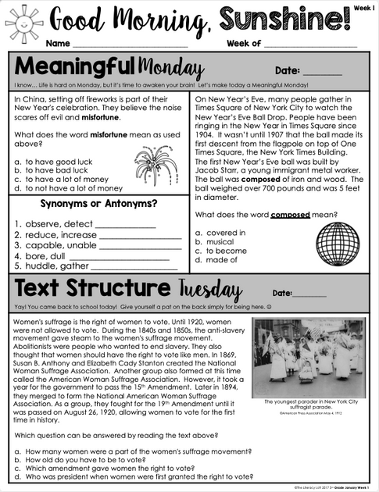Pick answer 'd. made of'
pos(215,261)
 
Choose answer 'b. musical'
pos(215,242)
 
